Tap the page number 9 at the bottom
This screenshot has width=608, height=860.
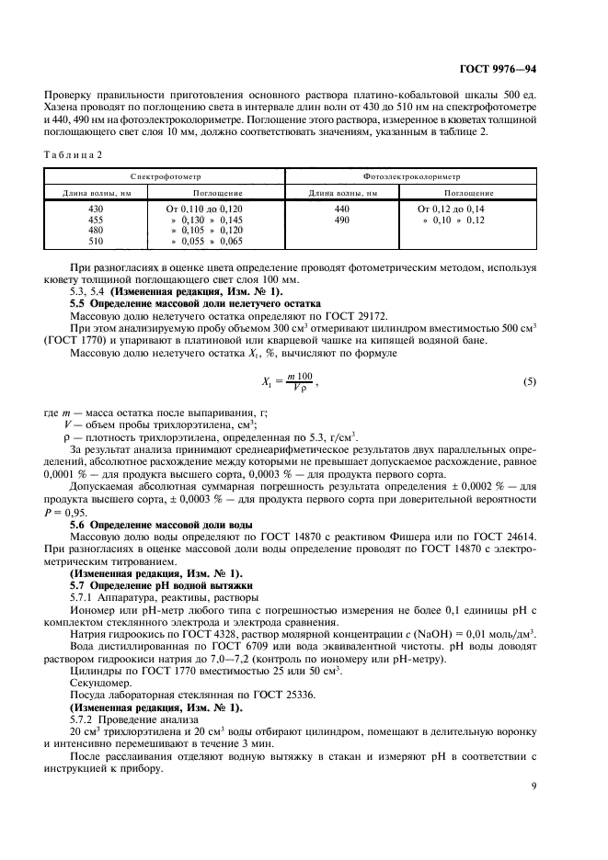point(533,786)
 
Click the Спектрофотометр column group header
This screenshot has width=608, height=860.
point(166,174)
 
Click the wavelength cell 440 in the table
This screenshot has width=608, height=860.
point(342,209)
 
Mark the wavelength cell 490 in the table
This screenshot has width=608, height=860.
point(342,221)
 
